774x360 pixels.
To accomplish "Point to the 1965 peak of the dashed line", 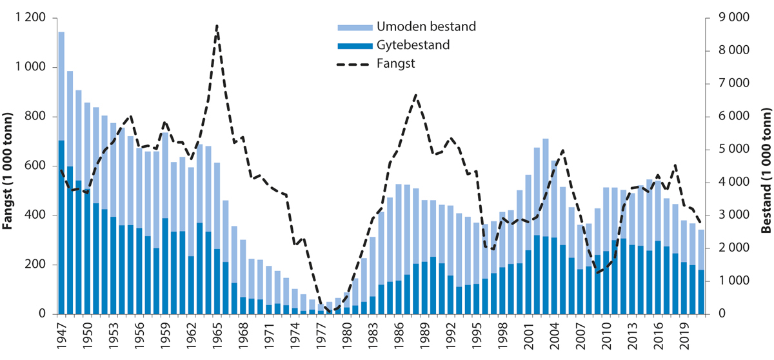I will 217,26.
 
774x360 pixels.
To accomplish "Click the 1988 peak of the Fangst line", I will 416,95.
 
